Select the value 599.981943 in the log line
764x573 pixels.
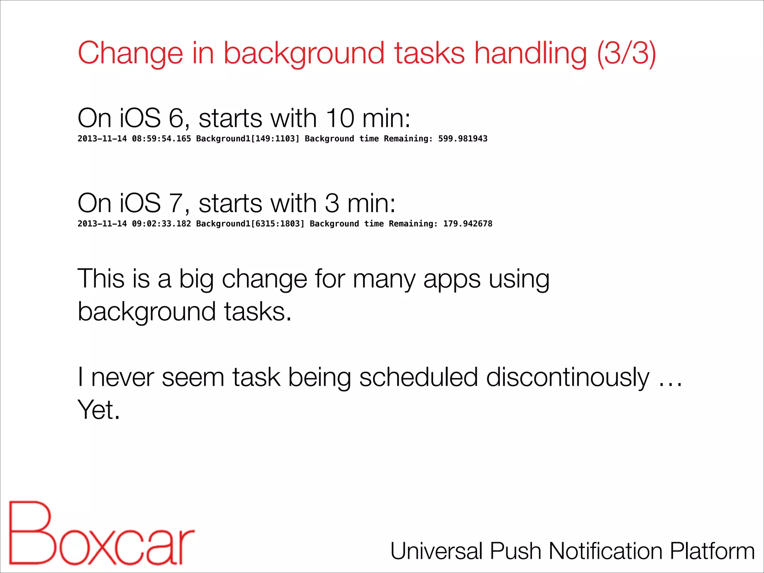[x=463, y=139]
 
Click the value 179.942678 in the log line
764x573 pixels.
[x=467, y=224]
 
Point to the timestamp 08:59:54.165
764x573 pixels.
[x=161, y=139]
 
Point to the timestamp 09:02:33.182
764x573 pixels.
[x=161, y=224]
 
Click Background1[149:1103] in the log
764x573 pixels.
[x=248, y=139]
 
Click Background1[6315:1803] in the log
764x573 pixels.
[x=250, y=224]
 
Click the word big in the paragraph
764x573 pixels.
[x=196, y=279]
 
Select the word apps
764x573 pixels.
[x=452, y=279]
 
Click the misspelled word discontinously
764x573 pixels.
[x=567, y=378]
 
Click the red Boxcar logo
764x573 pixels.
[x=101, y=533]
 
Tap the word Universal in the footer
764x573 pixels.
[x=437, y=551]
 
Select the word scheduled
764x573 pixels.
[x=418, y=378]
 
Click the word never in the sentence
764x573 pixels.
[x=122, y=378]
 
